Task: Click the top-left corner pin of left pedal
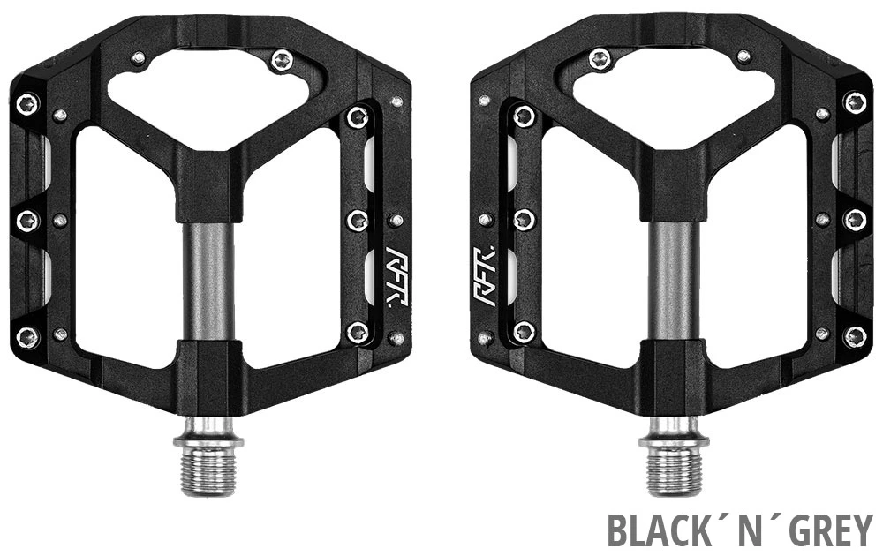click(28, 103)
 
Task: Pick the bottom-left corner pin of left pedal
click(28, 336)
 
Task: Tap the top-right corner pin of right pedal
click(855, 103)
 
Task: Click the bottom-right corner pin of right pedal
click(855, 336)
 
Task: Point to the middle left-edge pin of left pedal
click(28, 220)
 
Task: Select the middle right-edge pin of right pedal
click(855, 220)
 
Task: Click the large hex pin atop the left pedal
click(282, 61)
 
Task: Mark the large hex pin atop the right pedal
click(600, 60)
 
